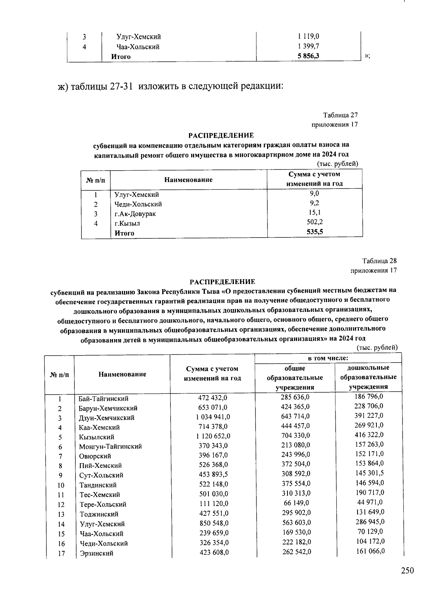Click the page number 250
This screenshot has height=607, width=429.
[x=407, y=570]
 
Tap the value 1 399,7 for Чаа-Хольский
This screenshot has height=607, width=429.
[x=309, y=46]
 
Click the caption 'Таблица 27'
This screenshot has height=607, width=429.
[x=340, y=115]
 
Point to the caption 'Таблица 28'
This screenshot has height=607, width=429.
[x=379, y=261]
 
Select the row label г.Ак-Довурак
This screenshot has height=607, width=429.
[x=135, y=214]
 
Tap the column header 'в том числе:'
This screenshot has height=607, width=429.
[x=328, y=358]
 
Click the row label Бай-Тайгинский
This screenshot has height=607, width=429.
[x=103, y=398]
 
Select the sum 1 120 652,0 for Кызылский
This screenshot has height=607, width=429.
[x=213, y=436]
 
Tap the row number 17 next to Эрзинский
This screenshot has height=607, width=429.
[x=61, y=553]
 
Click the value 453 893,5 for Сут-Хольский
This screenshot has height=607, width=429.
[x=213, y=474]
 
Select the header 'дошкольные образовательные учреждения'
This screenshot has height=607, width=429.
[x=368, y=377]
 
